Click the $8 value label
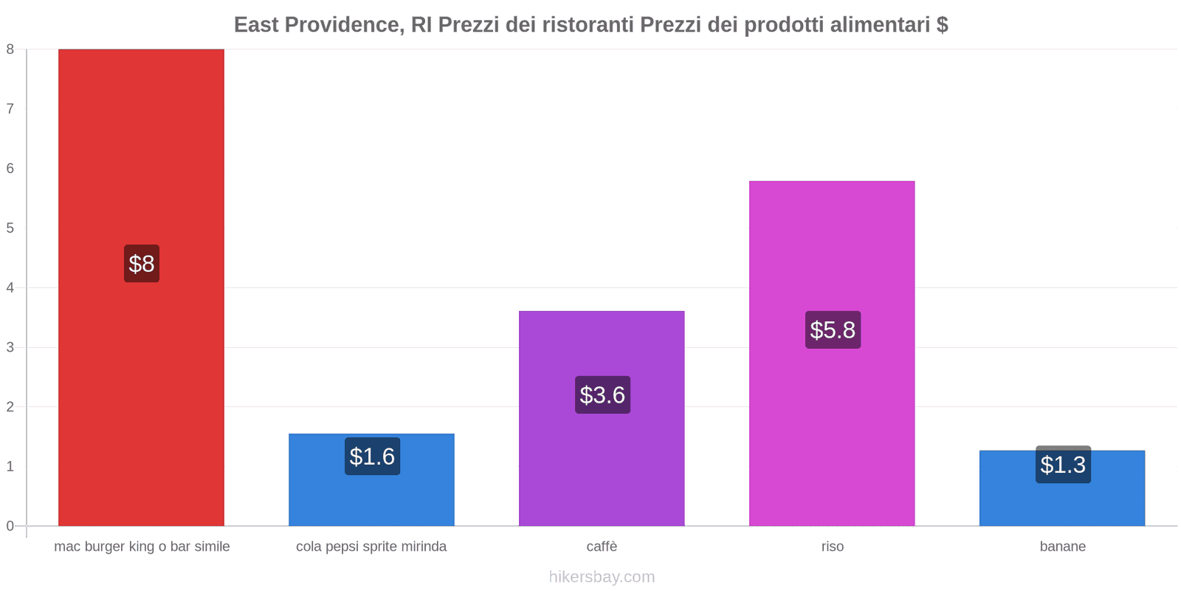point(142,264)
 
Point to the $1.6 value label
point(372,457)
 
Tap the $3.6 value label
point(602,395)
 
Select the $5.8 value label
point(833,330)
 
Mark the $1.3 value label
point(1063,465)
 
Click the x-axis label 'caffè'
point(602,547)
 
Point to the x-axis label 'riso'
point(832,547)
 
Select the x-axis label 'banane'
point(1062,547)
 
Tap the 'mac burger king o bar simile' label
point(142,547)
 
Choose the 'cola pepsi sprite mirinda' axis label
point(371,547)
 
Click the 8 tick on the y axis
point(10,49)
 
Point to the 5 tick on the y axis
point(10,228)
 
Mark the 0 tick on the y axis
point(10,526)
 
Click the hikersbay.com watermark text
point(602,577)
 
